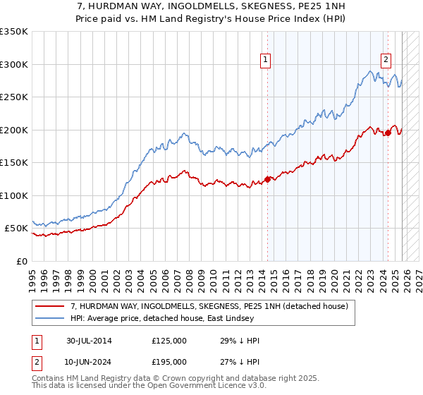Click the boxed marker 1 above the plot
266,61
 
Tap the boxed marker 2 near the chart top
387,61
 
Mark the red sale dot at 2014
268,178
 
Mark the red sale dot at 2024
388,132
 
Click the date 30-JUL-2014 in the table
89,341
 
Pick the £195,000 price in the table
169,361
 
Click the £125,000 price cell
169,341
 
